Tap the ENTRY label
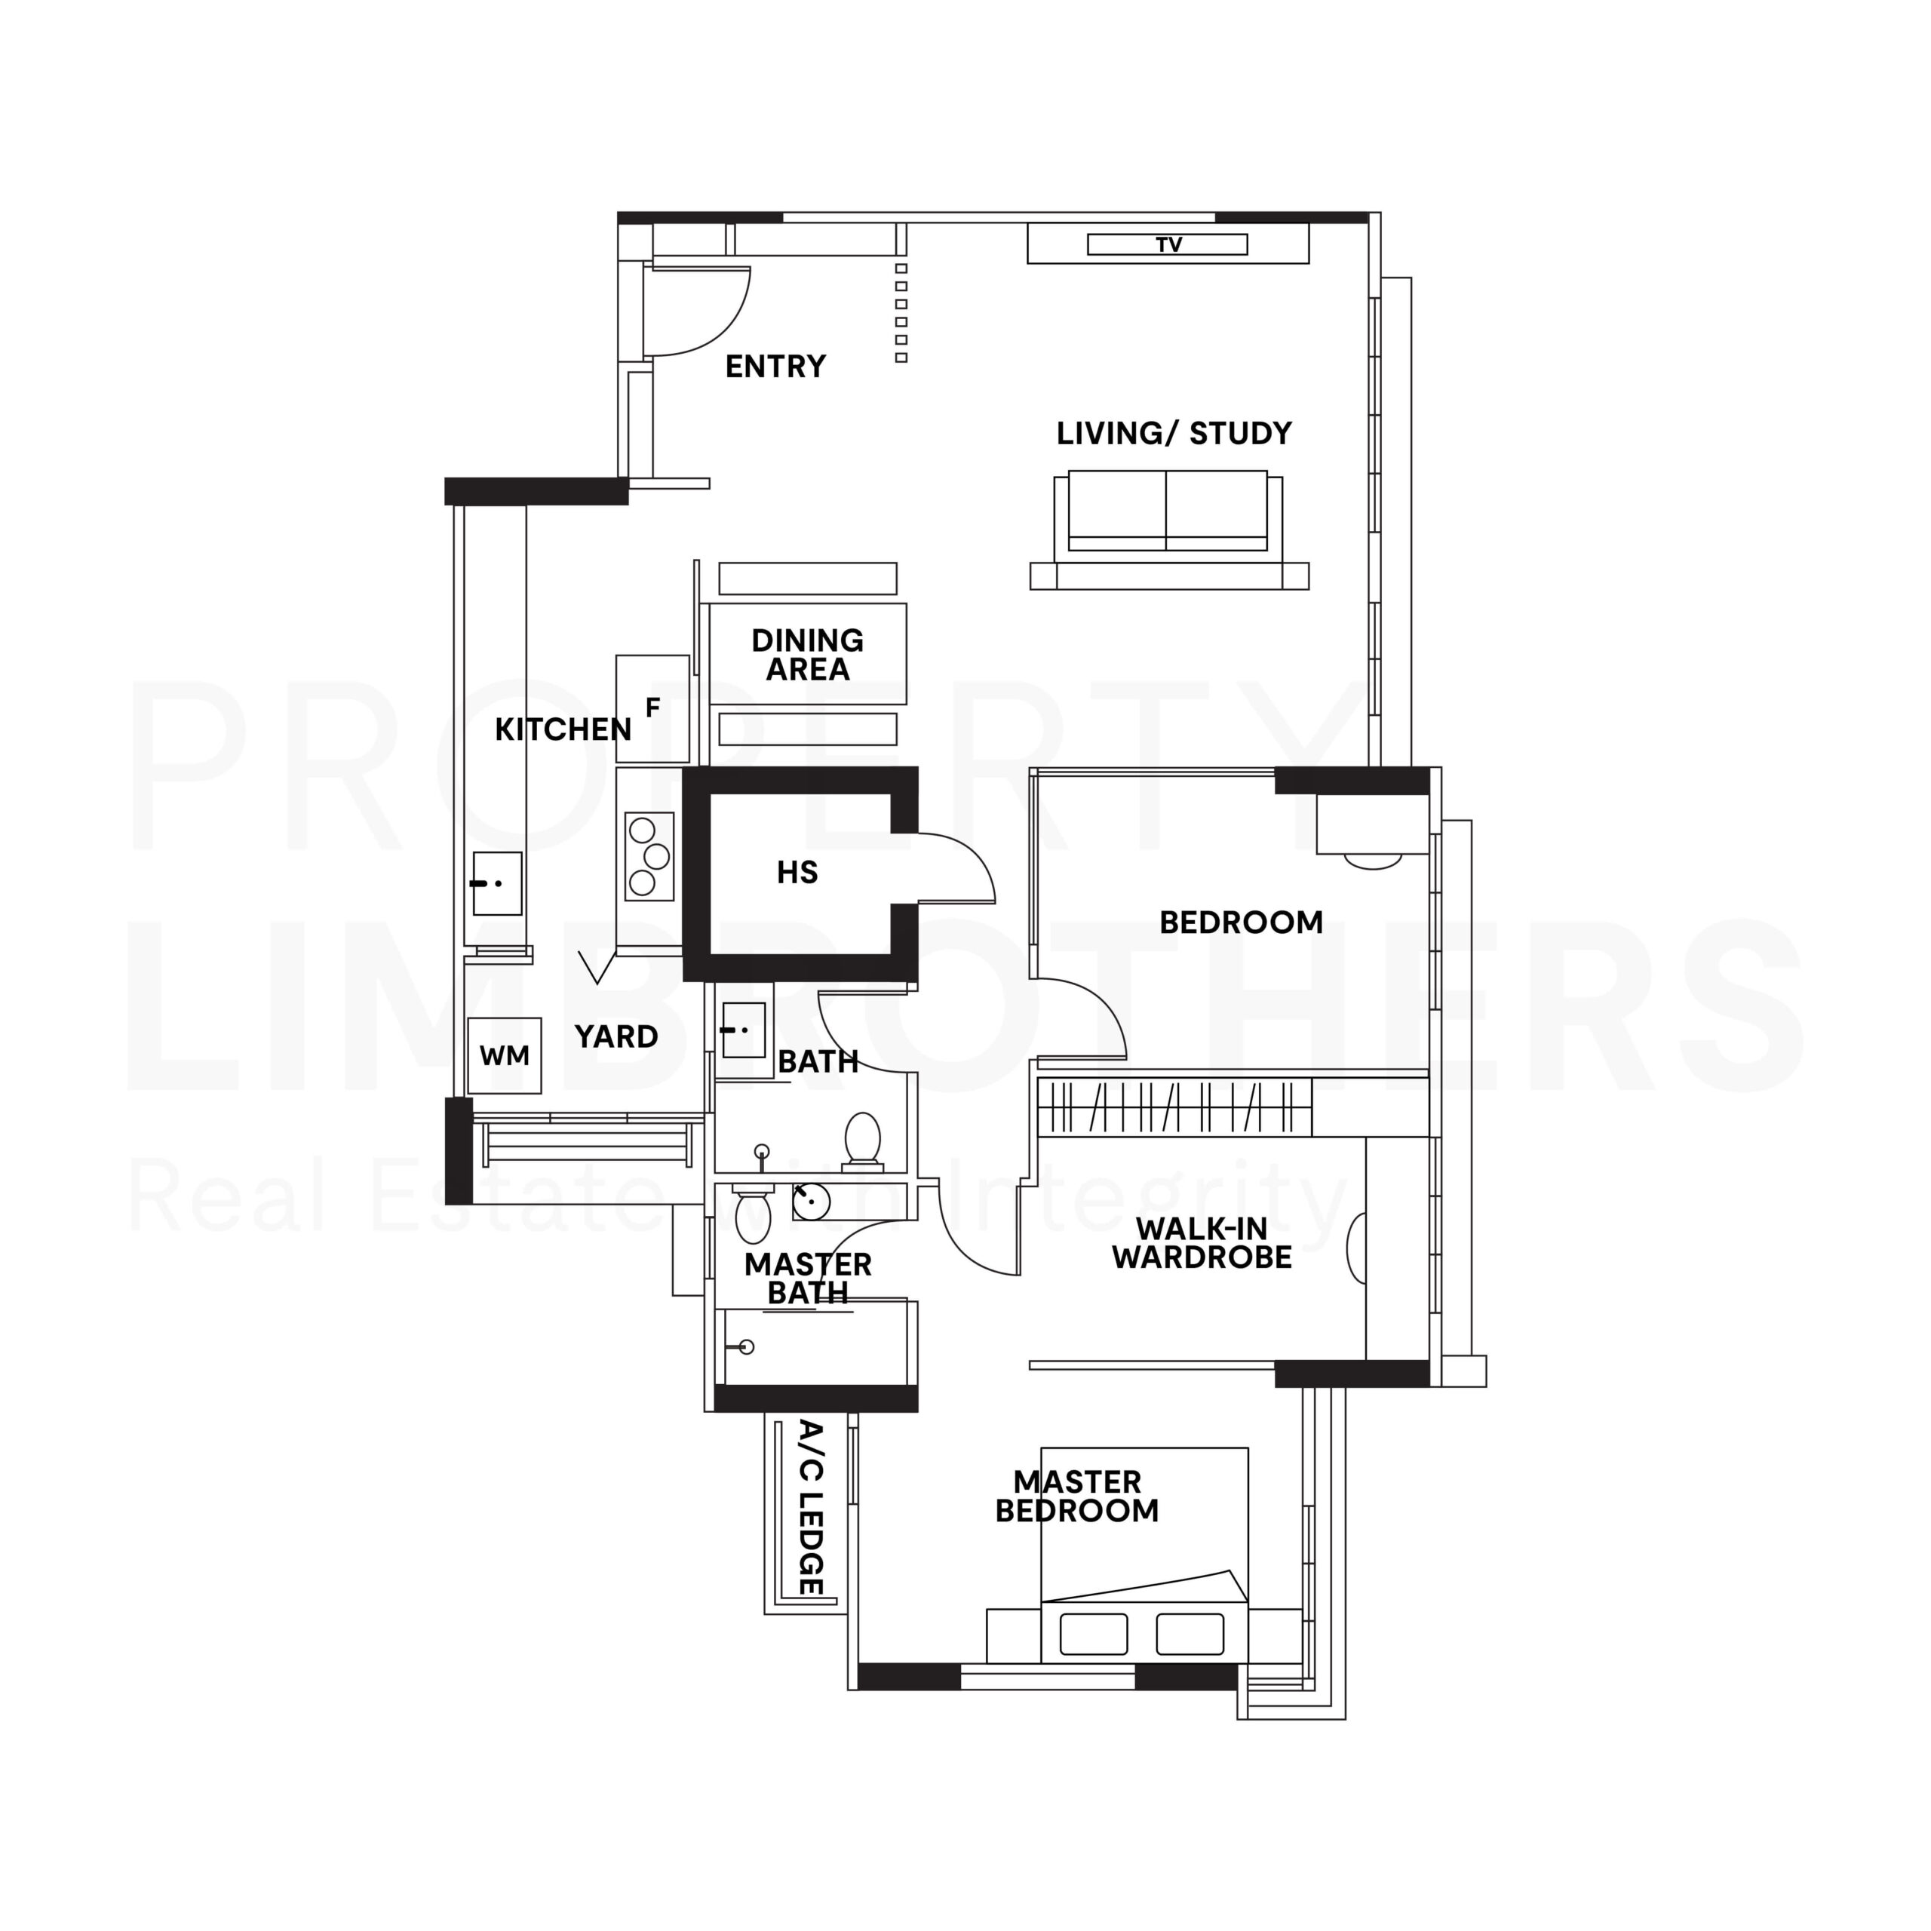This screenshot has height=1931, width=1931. click(x=775, y=367)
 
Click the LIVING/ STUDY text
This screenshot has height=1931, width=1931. click(x=1174, y=434)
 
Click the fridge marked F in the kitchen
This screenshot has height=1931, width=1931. click(x=652, y=708)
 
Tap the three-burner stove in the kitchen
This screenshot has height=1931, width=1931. click(x=649, y=857)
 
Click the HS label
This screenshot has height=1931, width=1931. click(x=797, y=873)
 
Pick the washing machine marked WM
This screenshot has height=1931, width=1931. click(x=504, y=1055)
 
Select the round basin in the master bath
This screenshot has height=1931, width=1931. click(x=811, y=1200)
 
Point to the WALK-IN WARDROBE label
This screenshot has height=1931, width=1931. click(x=1202, y=1243)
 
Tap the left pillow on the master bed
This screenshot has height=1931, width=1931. click(x=1094, y=1634)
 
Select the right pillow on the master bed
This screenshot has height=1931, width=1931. click(x=1190, y=1634)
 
